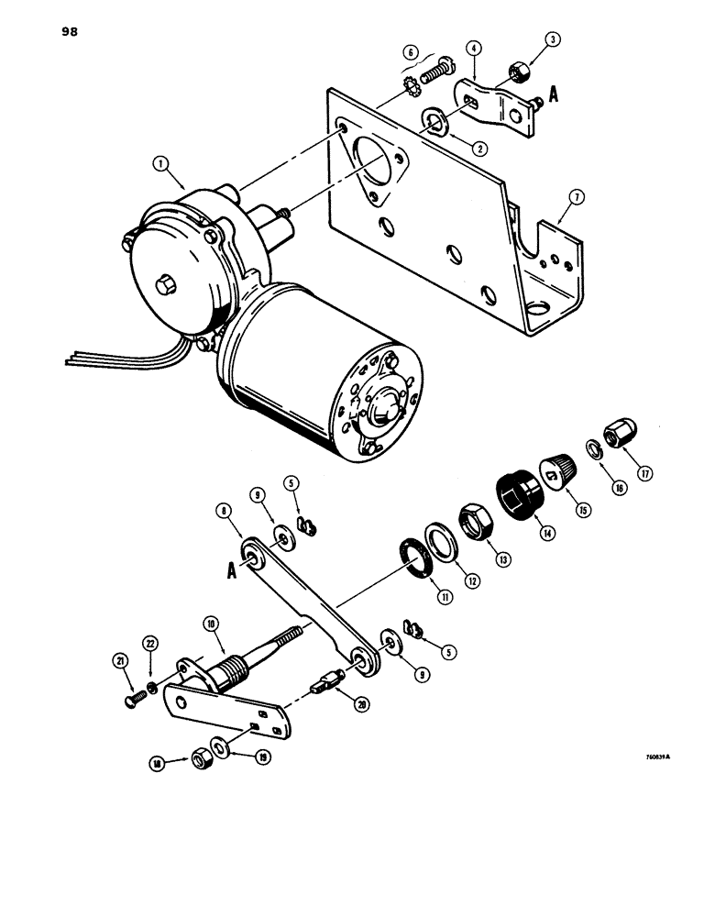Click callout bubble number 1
click(162, 165)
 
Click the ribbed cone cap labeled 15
click(559, 473)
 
